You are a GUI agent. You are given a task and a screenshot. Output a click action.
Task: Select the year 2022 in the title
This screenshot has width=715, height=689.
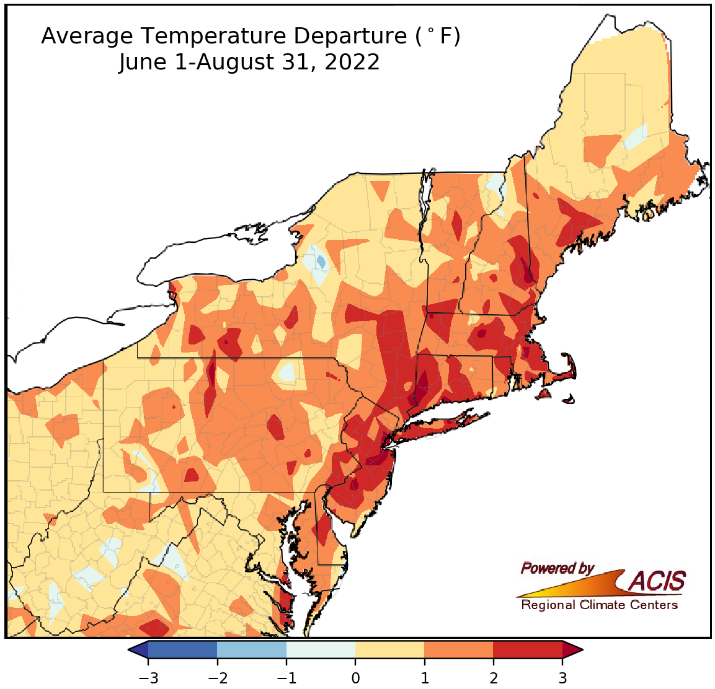[350, 63]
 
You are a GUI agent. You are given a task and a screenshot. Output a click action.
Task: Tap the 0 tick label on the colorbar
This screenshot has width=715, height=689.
[355, 678]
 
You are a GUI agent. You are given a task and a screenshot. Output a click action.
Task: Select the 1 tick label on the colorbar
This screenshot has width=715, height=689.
[425, 678]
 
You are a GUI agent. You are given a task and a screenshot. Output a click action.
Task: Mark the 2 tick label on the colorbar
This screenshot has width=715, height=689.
[494, 678]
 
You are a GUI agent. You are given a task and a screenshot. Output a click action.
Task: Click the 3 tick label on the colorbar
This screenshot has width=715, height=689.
[562, 678]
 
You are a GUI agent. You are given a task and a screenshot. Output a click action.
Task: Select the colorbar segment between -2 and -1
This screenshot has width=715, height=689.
[252, 650]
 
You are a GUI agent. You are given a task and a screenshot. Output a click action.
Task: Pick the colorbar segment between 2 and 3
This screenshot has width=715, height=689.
[528, 650]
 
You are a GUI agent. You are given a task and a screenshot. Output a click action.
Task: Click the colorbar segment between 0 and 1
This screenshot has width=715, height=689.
[390, 650]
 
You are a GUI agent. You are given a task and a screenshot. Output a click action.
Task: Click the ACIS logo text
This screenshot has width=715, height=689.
[657, 581]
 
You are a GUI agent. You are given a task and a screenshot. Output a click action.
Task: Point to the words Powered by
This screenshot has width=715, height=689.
[557, 568]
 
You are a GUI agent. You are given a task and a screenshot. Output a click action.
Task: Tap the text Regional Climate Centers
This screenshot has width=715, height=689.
[599, 605]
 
